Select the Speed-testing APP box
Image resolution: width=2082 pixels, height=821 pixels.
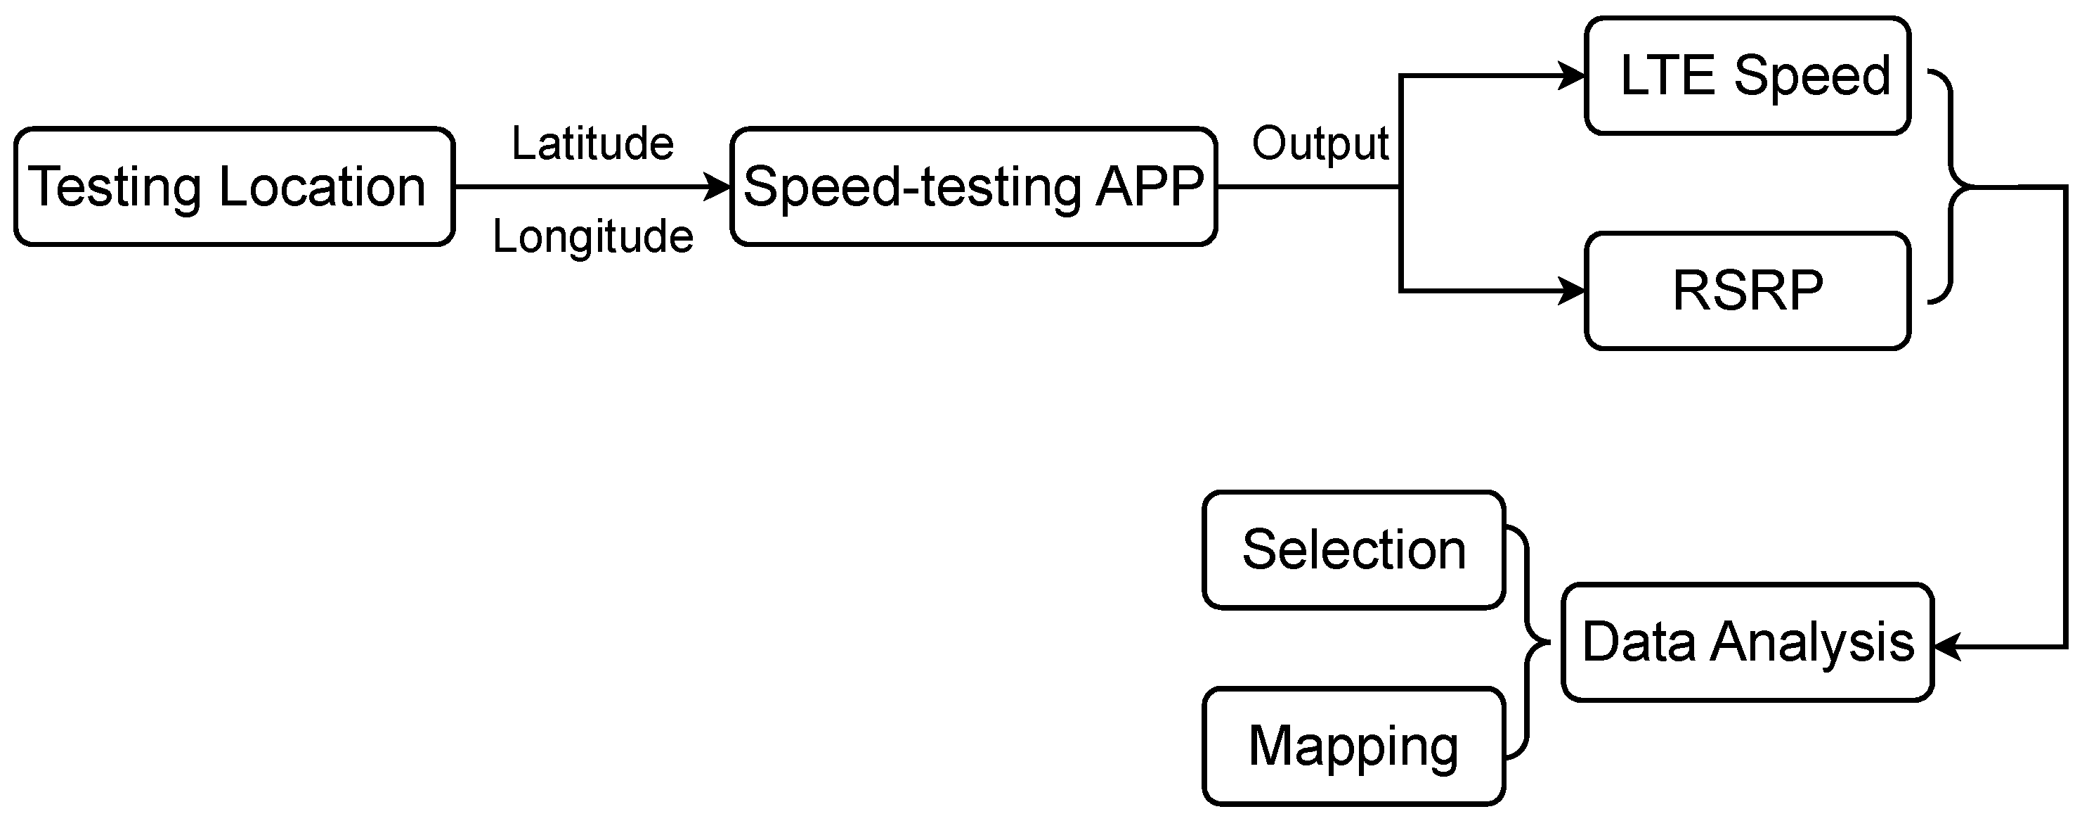click(974, 186)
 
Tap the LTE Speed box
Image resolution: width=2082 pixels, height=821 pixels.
click(1748, 75)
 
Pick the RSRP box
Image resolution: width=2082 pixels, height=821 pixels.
click(1748, 291)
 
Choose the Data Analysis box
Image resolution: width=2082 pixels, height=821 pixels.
click(1748, 642)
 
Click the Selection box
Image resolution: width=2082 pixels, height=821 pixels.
click(1354, 549)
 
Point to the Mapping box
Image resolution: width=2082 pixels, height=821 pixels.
click(1354, 746)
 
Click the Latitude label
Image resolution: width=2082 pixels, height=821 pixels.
click(592, 144)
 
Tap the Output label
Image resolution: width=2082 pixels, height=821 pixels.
click(1320, 145)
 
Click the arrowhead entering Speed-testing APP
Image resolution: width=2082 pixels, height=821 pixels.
click(717, 186)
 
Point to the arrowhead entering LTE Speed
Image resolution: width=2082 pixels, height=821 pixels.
click(1572, 76)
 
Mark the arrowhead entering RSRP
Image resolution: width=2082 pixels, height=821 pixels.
click(1572, 291)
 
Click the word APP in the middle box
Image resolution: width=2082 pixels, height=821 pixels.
click(1150, 186)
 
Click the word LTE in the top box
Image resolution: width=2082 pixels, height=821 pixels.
click(1667, 75)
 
